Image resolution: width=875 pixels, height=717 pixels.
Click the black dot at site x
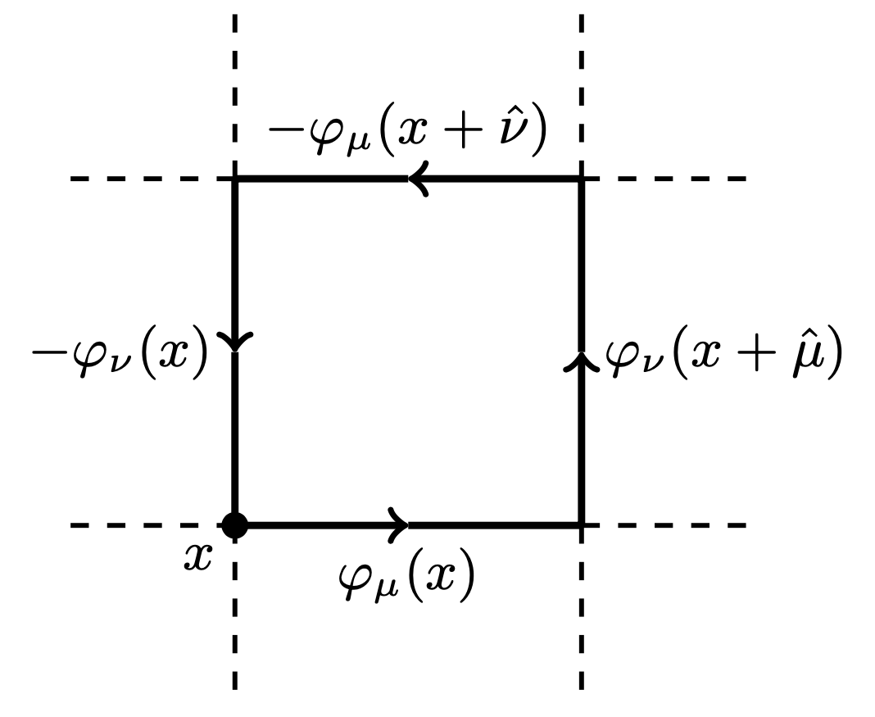pyautogui.click(x=235, y=524)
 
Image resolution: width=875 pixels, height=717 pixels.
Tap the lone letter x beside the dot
pyautogui.click(x=197, y=558)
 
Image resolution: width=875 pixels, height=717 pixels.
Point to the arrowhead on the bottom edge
pyautogui.click(x=399, y=524)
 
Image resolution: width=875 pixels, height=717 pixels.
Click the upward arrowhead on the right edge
pyautogui.click(x=581, y=361)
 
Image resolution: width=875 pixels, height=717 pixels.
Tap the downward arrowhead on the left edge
pyautogui.click(x=235, y=340)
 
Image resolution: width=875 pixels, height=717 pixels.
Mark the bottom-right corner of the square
pyautogui.click(x=581, y=524)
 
